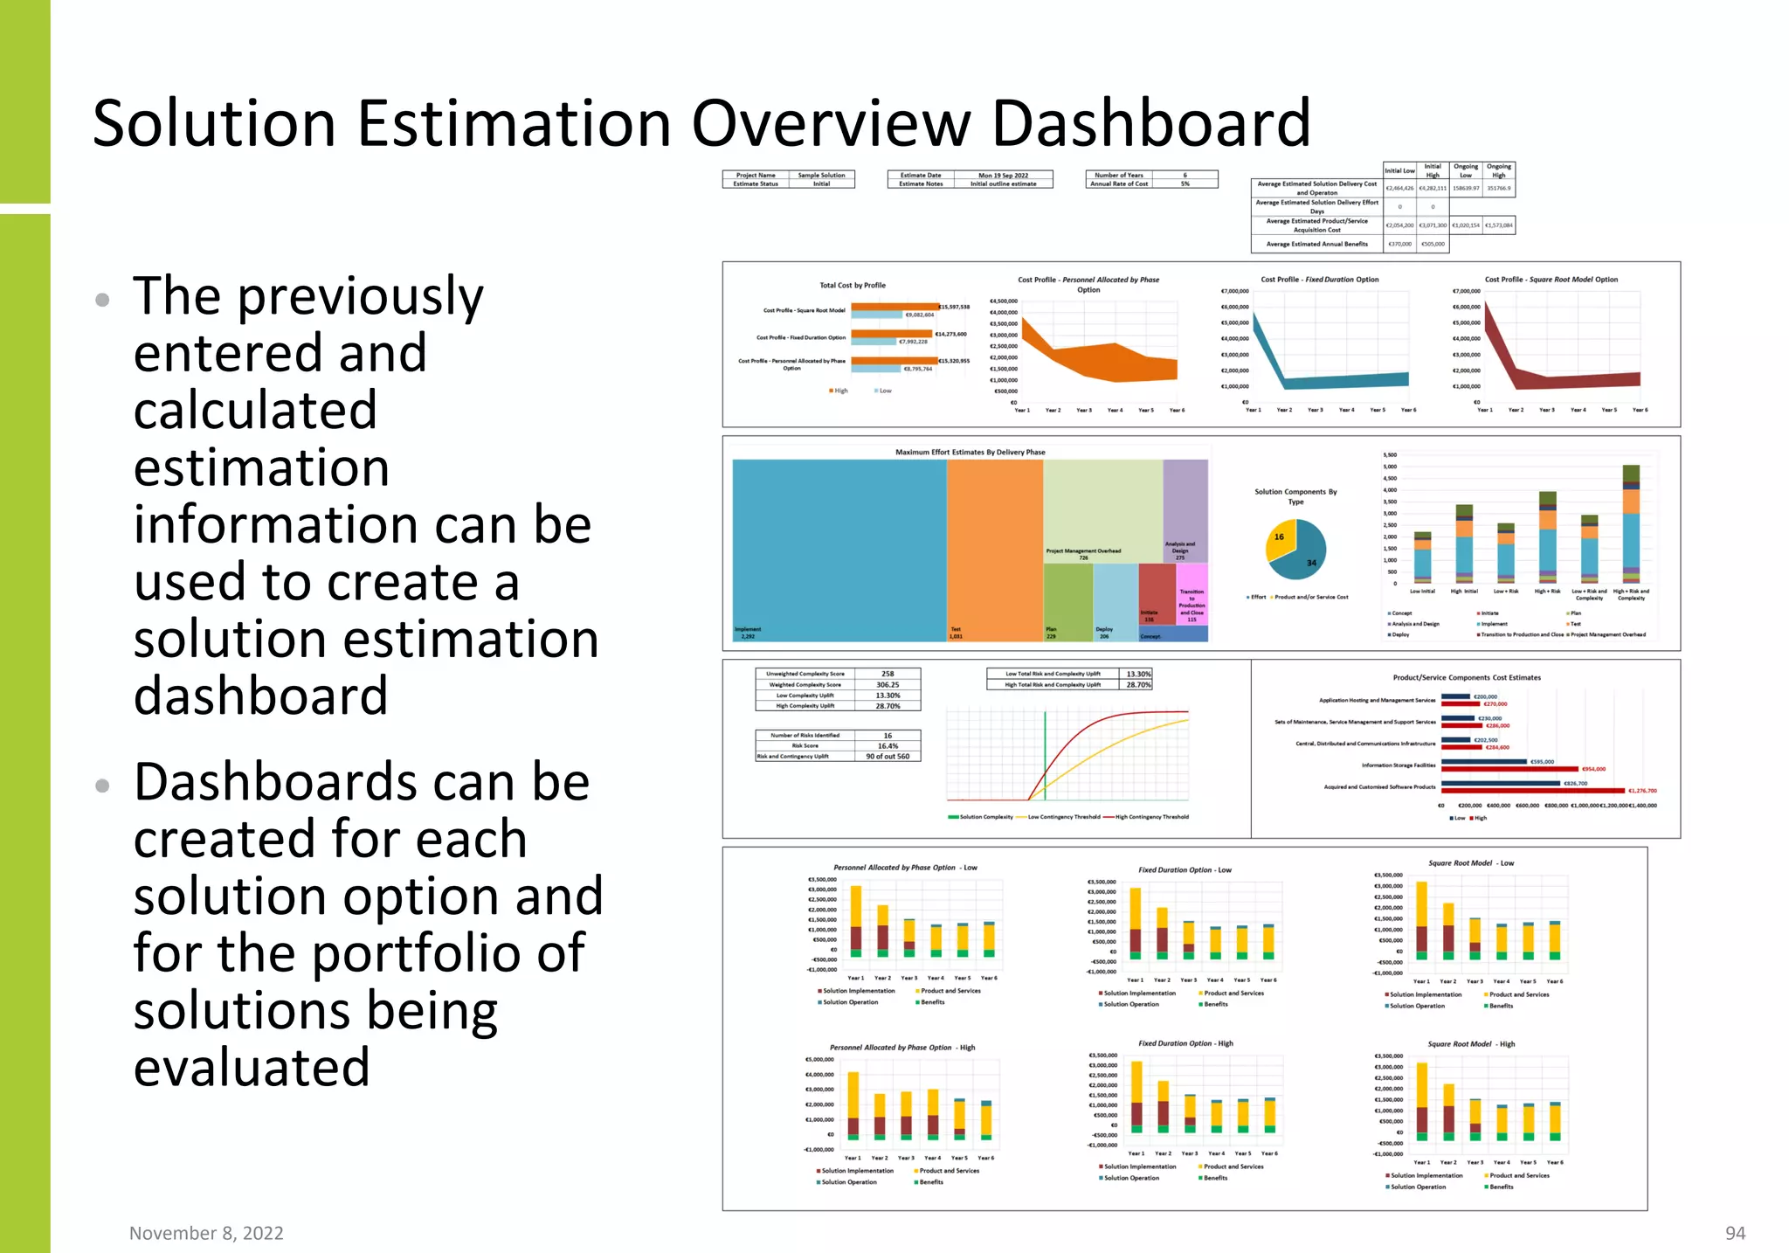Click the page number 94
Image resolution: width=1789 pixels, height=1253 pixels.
(1735, 1233)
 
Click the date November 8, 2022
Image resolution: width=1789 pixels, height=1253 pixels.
(206, 1233)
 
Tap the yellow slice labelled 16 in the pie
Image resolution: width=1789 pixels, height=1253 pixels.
(1280, 539)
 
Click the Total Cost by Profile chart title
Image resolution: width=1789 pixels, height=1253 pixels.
(852, 285)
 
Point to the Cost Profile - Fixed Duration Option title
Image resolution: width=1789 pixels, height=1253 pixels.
(1319, 280)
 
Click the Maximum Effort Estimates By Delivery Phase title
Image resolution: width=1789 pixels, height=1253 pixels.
(970, 453)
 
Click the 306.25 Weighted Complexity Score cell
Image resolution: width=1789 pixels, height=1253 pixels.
(888, 685)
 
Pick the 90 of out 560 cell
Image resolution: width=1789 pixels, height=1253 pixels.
(888, 757)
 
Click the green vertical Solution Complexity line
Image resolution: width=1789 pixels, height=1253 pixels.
(1045, 751)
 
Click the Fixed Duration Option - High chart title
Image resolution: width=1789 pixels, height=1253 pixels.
(1185, 1043)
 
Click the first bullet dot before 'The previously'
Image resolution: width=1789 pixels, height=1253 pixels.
(102, 301)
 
